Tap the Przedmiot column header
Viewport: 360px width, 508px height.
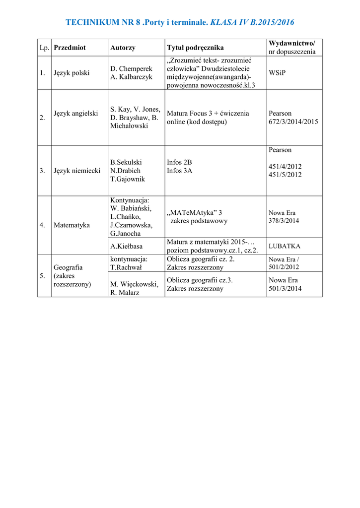70,48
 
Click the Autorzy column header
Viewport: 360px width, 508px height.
123,48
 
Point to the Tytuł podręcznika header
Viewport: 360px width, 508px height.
195,48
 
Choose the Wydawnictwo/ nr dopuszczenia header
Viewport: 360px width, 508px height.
291,48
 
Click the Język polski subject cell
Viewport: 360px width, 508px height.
72,72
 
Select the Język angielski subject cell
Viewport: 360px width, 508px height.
75,113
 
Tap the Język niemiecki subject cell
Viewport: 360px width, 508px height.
76,171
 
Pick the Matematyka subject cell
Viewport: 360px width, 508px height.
72,225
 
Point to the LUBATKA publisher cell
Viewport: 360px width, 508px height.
284,246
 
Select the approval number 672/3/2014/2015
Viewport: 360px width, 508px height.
293,122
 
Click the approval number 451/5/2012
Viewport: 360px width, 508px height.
285,175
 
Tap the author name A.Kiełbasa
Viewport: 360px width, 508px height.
127,246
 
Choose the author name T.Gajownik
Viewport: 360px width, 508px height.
128,179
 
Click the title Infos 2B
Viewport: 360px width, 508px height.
179,162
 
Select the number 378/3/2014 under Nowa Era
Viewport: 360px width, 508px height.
284,221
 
